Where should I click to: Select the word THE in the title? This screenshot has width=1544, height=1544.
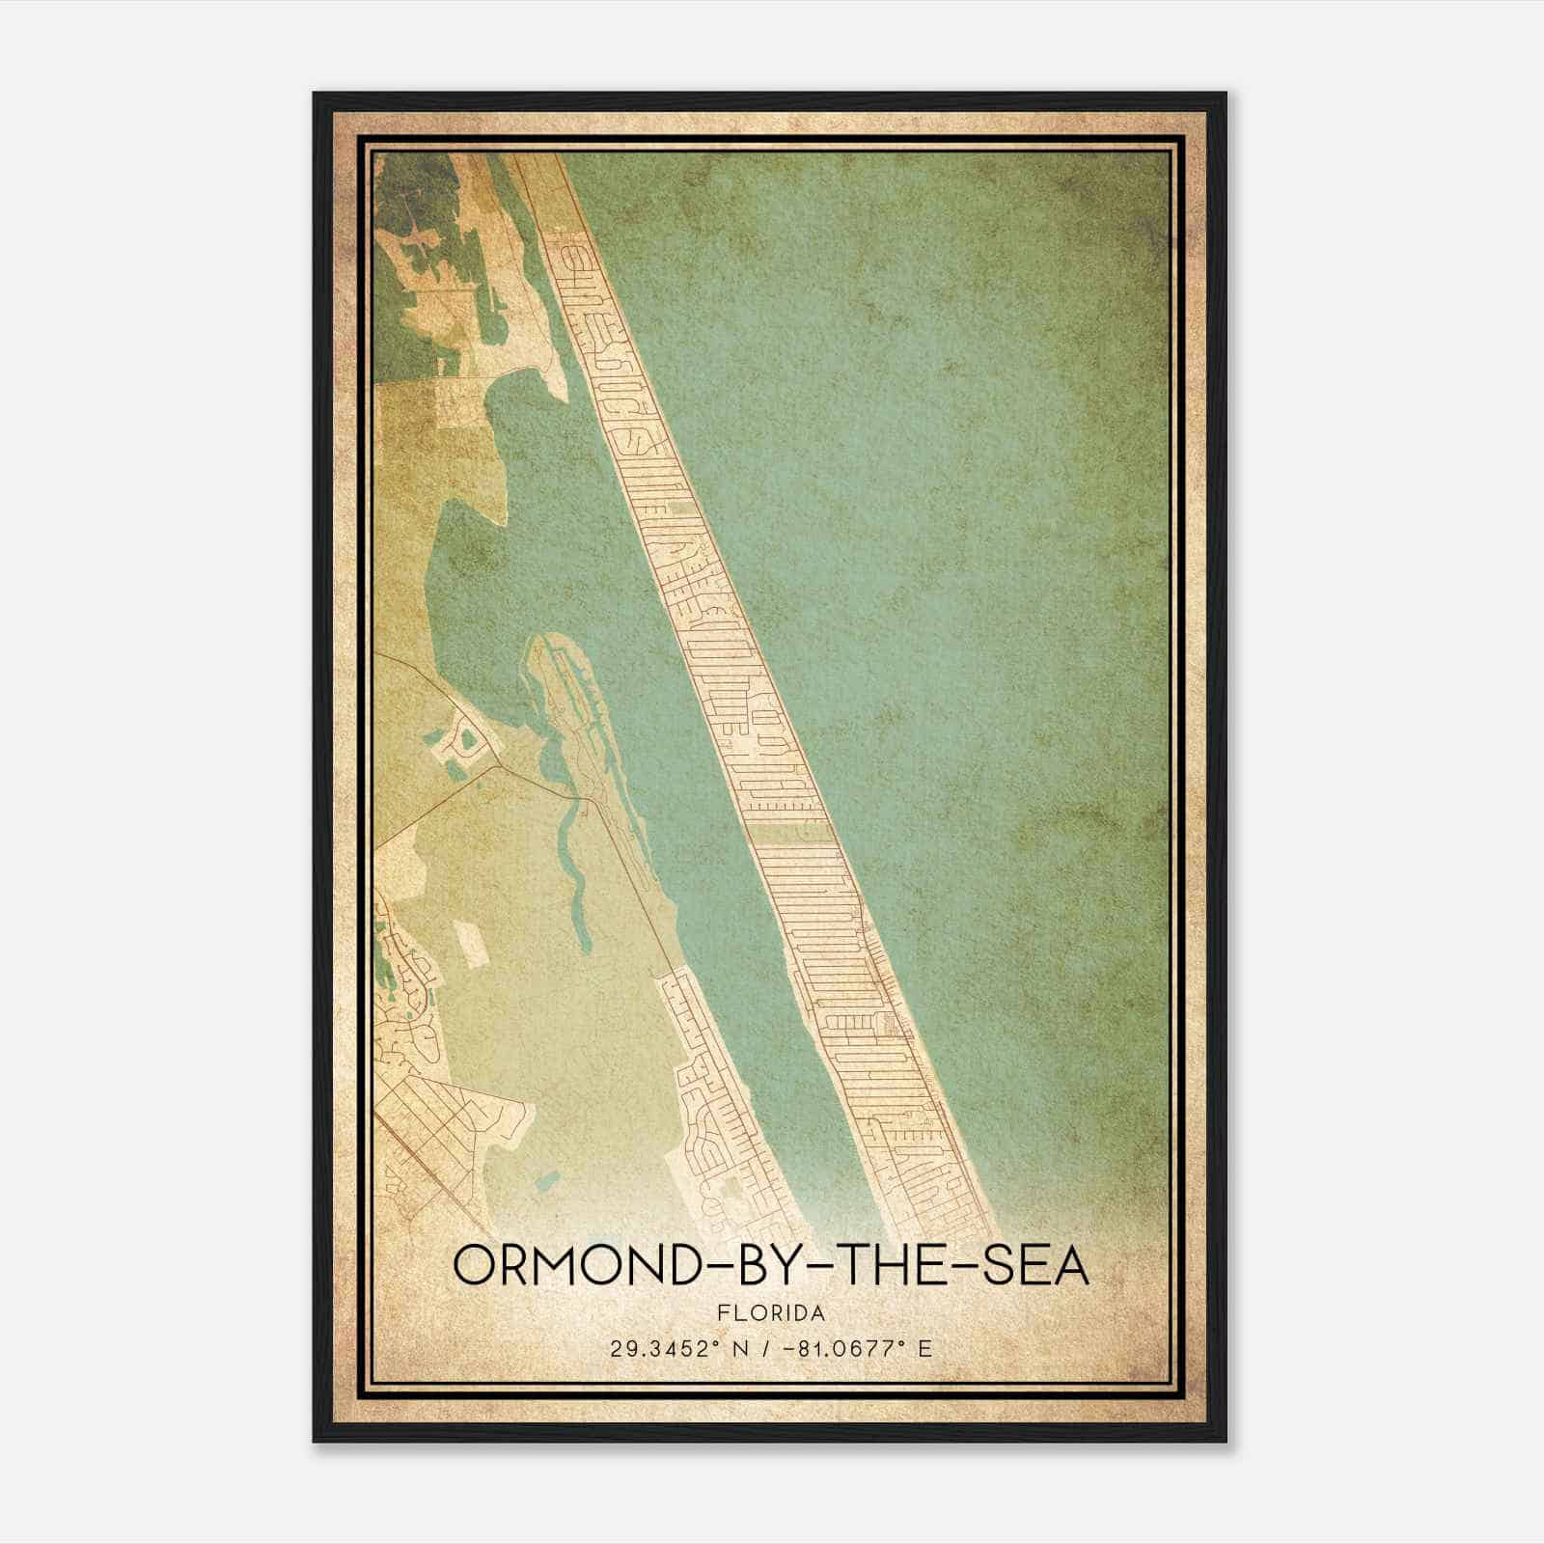(892, 1265)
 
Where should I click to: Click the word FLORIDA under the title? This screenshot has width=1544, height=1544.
(772, 1313)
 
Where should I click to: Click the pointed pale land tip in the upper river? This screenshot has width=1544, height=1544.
(560, 386)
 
